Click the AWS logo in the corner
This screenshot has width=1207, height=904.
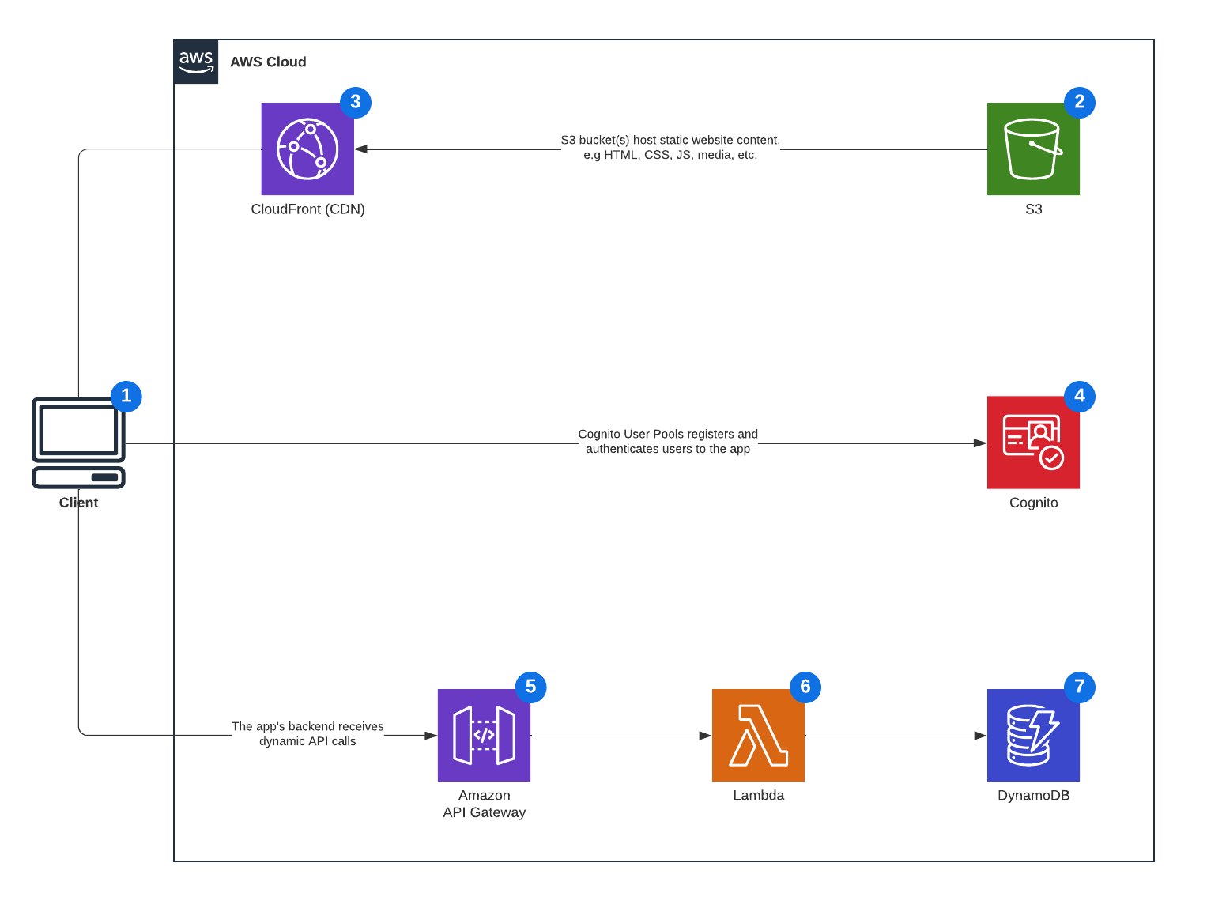point(196,62)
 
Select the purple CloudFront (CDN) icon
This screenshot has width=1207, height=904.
point(307,149)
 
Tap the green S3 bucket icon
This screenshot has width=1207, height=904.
point(1033,149)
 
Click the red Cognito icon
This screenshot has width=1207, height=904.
point(1033,443)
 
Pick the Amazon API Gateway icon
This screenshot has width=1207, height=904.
point(484,735)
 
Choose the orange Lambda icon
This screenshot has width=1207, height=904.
point(758,735)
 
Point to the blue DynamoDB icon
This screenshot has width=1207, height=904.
point(1033,735)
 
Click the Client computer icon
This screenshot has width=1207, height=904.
point(78,443)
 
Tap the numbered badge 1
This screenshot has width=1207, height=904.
point(126,396)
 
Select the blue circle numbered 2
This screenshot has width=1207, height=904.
point(1080,102)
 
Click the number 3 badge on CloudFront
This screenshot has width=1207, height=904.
point(356,102)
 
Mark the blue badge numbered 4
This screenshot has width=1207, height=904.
point(1080,396)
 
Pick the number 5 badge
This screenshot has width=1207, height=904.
point(530,687)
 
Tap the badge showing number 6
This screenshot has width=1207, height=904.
point(805,687)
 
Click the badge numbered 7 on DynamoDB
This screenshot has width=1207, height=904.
point(1080,687)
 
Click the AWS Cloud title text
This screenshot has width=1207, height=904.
point(268,62)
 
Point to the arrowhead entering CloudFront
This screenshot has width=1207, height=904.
point(361,149)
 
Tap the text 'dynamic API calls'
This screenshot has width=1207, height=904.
point(307,741)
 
